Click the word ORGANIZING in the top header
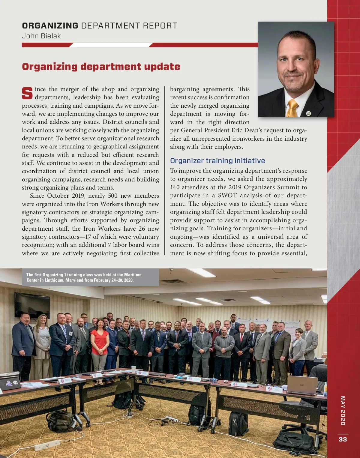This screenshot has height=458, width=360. [x=50, y=26]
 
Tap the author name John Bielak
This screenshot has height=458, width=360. [x=41, y=36]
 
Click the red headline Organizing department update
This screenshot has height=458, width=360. [x=101, y=67]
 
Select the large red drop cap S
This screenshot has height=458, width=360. [x=27, y=93]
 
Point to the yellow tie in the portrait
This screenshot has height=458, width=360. [x=292, y=108]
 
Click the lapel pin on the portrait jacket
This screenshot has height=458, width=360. [x=308, y=113]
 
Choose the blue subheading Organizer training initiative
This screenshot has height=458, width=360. [x=217, y=161]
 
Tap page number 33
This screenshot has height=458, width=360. [x=343, y=439]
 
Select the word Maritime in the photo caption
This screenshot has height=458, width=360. [x=133, y=275]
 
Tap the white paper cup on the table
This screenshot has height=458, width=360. [x=133, y=370]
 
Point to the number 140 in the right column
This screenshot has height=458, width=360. [x=175, y=187]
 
